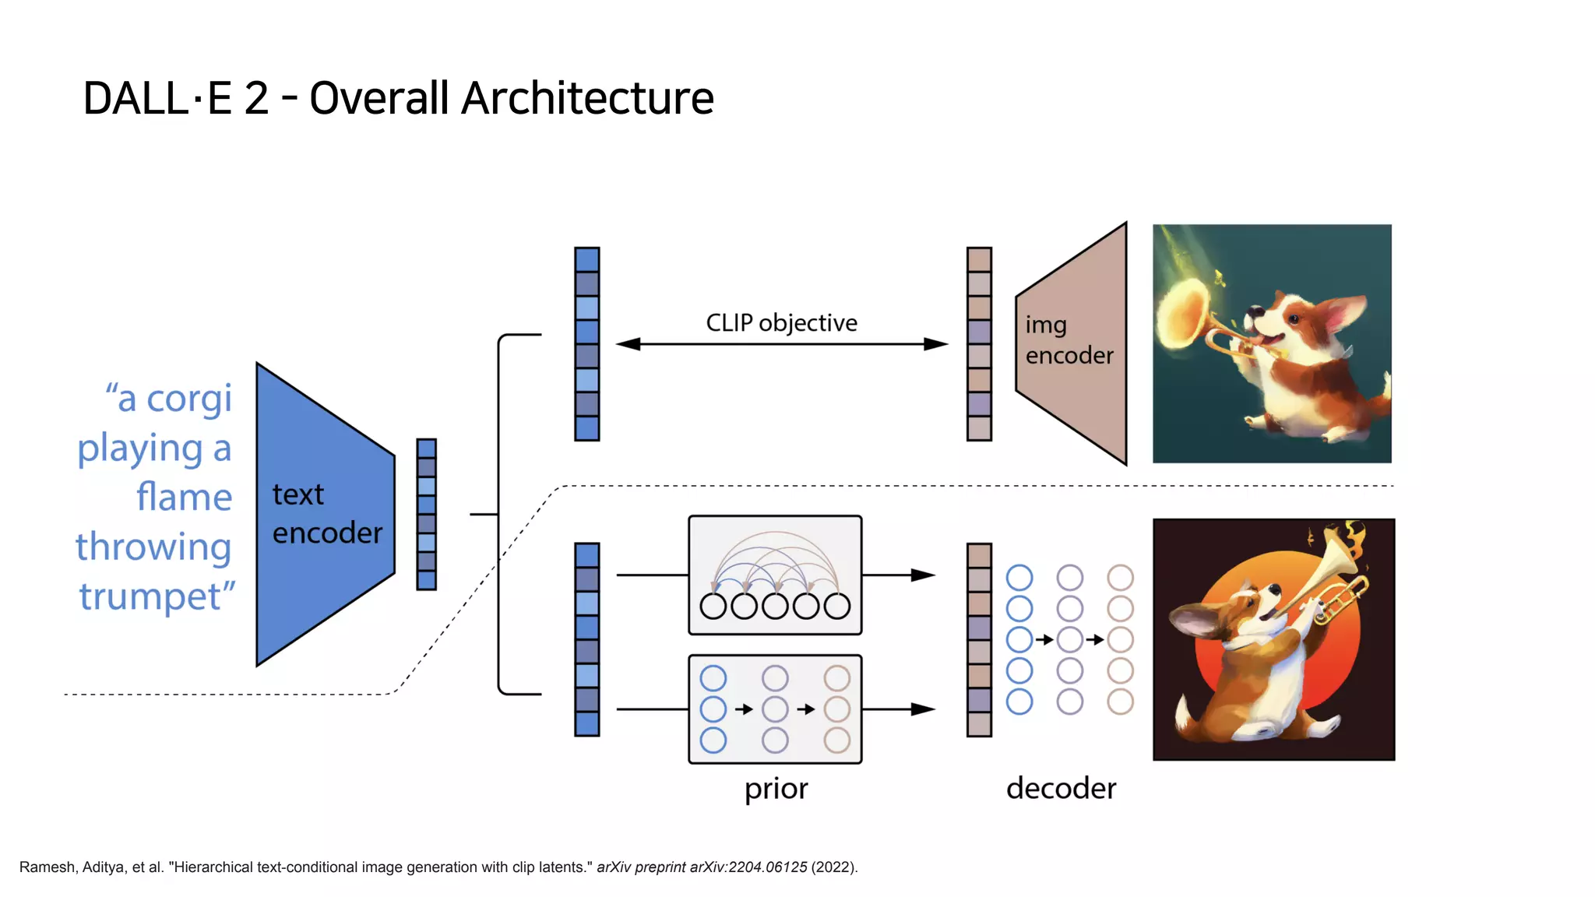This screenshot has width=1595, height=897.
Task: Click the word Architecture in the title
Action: tap(588, 99)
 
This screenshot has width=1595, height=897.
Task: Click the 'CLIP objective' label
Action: tap(781, 322)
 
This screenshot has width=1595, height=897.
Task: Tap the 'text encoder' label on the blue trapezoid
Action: tap(326, 514)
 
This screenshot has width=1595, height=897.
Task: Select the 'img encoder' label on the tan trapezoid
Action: tap(1069, 340)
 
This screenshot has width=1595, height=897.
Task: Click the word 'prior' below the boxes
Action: tap(776, 789)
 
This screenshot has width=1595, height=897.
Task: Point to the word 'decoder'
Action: tap(1061, 788)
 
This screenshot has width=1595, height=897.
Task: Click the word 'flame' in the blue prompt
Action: tap(184, 497)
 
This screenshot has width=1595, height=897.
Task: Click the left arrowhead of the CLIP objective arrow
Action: tap(628, 344)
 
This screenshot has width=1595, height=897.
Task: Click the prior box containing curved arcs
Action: tap(775, 575)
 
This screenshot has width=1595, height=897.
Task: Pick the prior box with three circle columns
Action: tap(775, 709)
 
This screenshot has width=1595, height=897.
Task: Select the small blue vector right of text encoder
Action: tap(426, 514)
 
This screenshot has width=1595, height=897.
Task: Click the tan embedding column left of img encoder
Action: tap(979, 344)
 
